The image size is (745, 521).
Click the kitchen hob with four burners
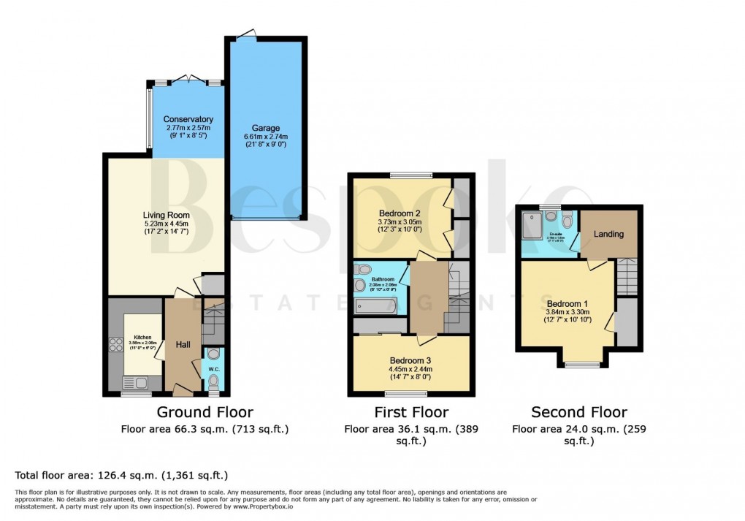115,344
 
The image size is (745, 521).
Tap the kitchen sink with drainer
136,381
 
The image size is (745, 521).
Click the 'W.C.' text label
213,368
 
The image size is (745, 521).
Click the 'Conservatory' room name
188,119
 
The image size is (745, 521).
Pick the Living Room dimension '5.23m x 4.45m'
166,224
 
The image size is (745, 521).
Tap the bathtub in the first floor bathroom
375,305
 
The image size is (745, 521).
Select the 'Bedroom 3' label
410,360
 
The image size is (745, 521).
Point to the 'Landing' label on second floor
608,234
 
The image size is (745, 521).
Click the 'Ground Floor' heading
205,412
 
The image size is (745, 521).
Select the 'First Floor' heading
410,412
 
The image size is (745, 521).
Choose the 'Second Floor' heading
578,412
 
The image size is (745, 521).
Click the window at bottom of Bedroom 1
583,364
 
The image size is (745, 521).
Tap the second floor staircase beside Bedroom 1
627,278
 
